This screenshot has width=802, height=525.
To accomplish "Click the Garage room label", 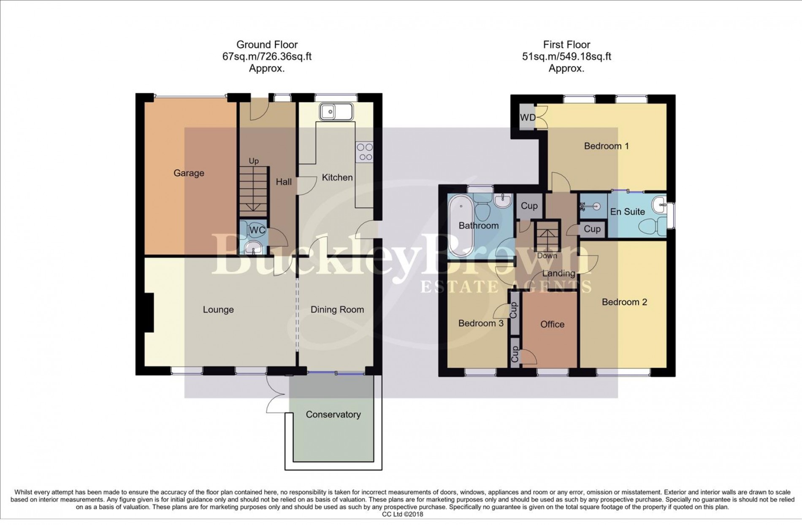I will tap(189, 173).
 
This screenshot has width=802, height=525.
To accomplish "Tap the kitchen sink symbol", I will tap(336, 112).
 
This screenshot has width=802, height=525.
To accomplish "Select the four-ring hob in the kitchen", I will tap(365, 152).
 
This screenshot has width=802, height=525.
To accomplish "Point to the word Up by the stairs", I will tap(253, 161).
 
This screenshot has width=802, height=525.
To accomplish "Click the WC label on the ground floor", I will tap(257, 230).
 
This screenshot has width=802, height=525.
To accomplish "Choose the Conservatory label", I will tap(333, 414).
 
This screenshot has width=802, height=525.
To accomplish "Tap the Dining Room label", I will tap(337, 310).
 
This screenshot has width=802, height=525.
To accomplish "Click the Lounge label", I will tap(218, 310).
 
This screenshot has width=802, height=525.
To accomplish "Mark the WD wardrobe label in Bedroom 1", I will tap(527, 117).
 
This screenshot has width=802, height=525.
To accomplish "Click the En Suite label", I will tap(627, 212).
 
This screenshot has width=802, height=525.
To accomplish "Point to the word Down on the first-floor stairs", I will tap(547, 256).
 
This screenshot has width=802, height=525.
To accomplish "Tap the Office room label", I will tap(552, 324).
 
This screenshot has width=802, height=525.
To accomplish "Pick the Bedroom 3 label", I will tap(481, 323).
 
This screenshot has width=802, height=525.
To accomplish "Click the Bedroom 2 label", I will tap(624, 302).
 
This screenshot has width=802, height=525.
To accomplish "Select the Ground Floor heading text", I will tap(267, 45).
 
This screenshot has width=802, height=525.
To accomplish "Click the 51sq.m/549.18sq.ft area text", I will tap(566, 57).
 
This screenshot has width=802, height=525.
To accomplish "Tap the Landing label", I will tap(558, 273).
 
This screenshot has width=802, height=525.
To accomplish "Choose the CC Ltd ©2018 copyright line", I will tap(402, 514).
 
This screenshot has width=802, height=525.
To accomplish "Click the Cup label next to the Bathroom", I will tap(529, 206).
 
